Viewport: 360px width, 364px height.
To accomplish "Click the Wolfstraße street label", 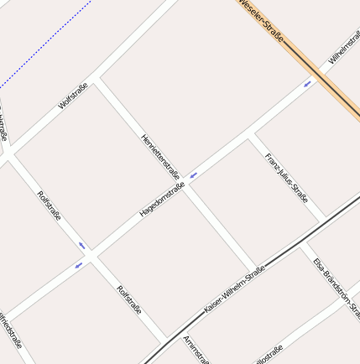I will [74, 96].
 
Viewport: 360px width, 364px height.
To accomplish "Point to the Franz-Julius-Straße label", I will [286, 178].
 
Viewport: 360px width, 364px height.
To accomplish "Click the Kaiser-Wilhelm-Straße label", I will [235, 289].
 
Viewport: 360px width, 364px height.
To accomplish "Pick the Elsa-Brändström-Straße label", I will [336, 288].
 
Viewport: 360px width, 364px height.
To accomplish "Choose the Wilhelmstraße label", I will [345, 49].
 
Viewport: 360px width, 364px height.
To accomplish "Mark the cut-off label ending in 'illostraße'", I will [269, 353].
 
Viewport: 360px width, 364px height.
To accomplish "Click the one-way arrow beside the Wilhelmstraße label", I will [307, 83].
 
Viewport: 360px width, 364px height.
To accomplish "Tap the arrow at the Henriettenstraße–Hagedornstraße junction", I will [193, 175].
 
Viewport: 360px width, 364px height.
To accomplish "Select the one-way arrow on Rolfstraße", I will [82, 245].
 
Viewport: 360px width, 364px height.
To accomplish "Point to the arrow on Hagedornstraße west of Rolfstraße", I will [78, 265].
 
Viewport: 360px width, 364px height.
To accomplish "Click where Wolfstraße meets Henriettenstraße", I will [97, 81].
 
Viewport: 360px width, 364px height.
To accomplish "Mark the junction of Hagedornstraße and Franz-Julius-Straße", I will [249, 137].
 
